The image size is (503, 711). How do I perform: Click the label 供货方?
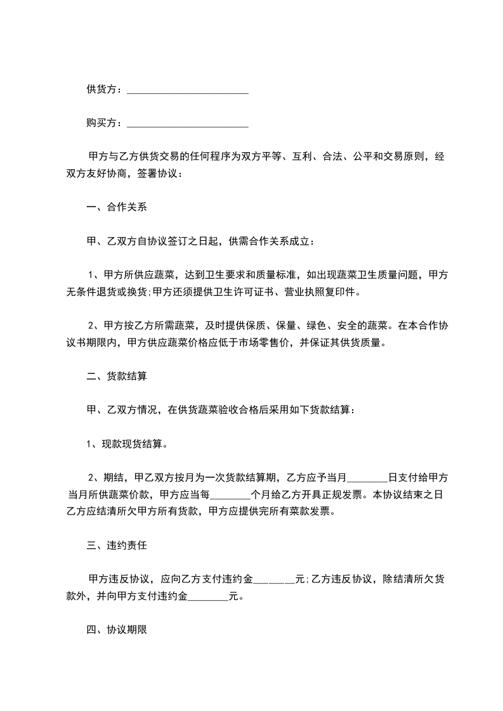[102, 89]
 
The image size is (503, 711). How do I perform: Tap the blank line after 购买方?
[187, 125]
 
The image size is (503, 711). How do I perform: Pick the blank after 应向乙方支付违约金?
[274, 580]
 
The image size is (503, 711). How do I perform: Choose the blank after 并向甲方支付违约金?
[209, 596]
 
